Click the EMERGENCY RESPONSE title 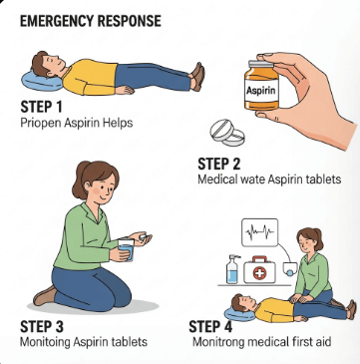[x=91, y=21]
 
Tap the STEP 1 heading [x=41, y=107]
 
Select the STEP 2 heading [x=219, y=165]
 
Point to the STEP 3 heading [x=42, y=327]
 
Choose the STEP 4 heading [x=210, y=327]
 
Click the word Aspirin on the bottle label [x=261, y=91]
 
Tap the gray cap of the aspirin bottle [x=261, y=64]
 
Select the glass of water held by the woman [x=126, y=249]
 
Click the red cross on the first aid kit [x=259, y=273]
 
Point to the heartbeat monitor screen [x=259, y=232]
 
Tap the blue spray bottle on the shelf [x=232, y=269]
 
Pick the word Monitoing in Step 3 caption [x=46, y=342]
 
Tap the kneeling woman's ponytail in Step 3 [x=78, y=182]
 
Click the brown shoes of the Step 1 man [x=197, y=77]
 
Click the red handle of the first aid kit [x=259, y=259]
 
